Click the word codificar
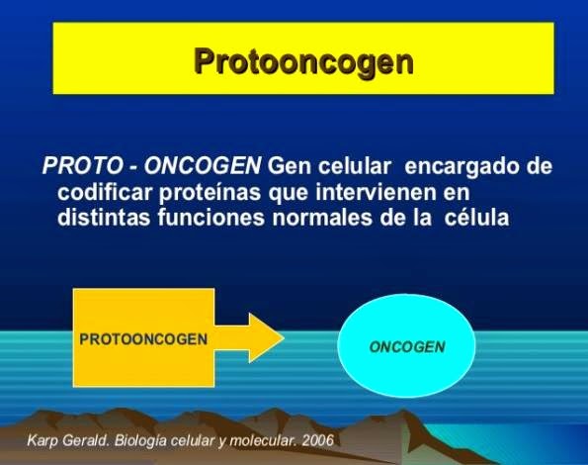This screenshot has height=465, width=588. [106, 192]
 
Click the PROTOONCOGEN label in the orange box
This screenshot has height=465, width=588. [143, 337]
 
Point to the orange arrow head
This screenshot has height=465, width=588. [264, 337]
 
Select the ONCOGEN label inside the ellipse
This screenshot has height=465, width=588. [407, 347]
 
